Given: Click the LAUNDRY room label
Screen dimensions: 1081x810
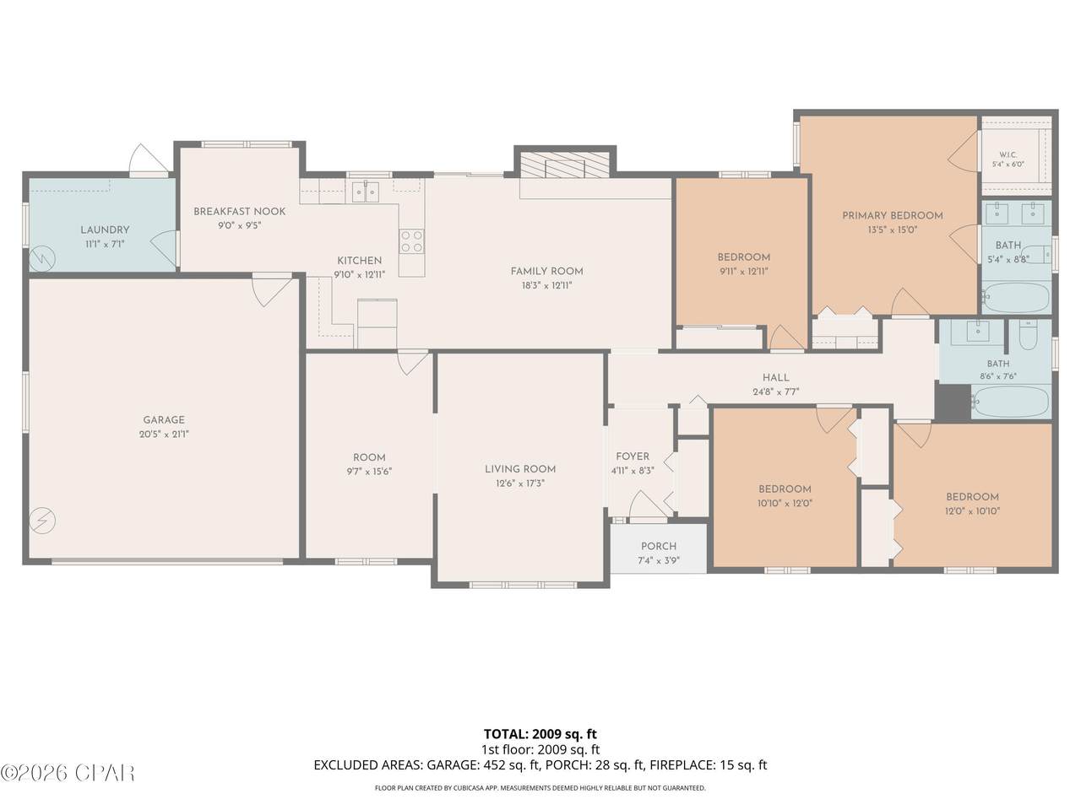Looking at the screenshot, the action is (105, 229).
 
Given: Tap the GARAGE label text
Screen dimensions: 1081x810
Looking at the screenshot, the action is (164, 420).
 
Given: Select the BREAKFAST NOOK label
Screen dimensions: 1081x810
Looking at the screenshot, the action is (239, 212).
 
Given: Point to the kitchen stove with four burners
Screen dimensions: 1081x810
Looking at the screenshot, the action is (411, 241).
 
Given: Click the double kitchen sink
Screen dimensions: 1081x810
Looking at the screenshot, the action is (366, 191).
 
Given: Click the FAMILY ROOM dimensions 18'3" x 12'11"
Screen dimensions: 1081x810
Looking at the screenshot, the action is (546, 285).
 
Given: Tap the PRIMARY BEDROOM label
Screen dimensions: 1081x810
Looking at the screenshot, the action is (893, 215).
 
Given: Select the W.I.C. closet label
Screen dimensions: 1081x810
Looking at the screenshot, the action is (1008, 154).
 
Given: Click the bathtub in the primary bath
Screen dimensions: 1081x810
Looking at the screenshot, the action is (1017, 297).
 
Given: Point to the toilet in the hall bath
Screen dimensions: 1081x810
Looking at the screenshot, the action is (1028, 334).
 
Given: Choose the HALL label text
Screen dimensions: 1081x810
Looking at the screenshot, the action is (776, 378).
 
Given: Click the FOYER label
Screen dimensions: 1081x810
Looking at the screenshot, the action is (633, 456).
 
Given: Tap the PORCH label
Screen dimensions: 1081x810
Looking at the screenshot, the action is (659, 546).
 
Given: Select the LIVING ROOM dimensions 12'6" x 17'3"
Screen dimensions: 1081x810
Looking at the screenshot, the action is (520, 483).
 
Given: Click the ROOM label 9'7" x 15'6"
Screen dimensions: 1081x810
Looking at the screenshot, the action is (369, 464).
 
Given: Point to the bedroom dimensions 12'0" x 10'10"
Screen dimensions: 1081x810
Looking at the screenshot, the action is (972, 511).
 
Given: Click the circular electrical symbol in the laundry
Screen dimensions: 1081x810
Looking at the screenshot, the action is (42, 258).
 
